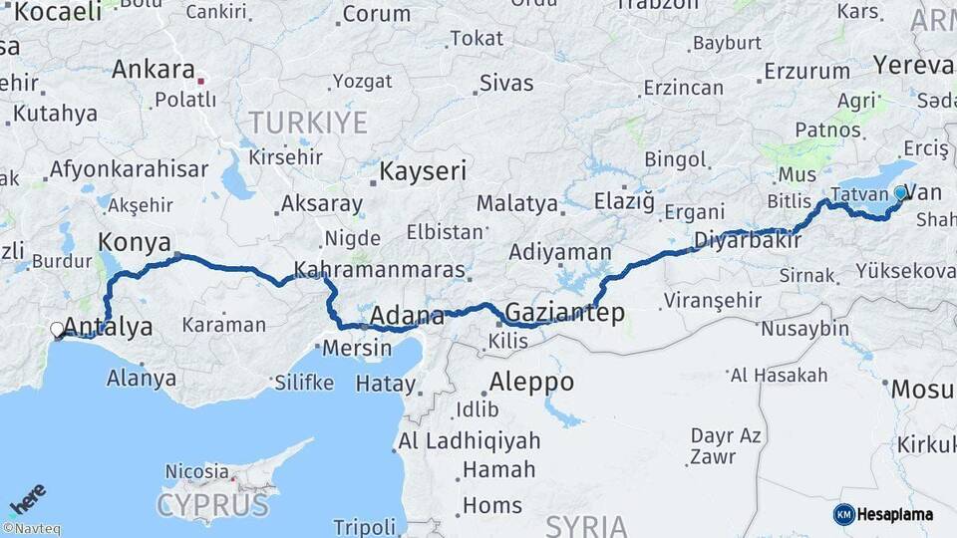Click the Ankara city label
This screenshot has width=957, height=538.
tap(153, 70)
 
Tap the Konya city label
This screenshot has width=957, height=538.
tap(135, 242)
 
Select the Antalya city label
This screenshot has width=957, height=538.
tap(110, 327)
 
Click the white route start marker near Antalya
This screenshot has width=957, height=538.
tap(57, 329)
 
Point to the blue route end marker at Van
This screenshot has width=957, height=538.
tap(900, 192)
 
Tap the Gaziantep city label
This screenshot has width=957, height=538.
tap(564, 313)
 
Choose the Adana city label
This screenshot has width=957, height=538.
tap(407, 317)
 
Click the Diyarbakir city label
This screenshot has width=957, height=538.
tap(748, 239)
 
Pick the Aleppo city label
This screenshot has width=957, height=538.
tap(531, 382)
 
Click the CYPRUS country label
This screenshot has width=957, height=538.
tap(212, 505)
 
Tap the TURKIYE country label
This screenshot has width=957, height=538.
tap(307, 123)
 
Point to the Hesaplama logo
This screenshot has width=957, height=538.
tap(883, 514)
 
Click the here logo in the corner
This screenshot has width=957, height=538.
tap(27, 498)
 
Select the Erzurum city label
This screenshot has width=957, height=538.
tap(806, 72)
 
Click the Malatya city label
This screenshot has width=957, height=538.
tap(516, 203)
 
